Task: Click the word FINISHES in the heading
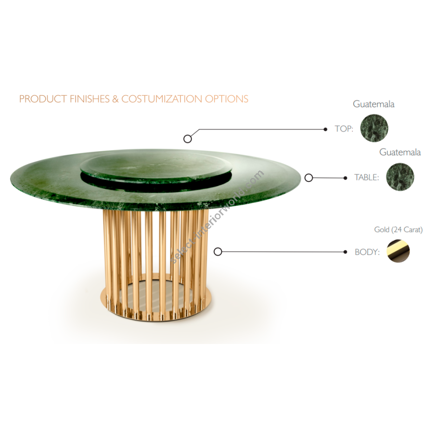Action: pos(89,99)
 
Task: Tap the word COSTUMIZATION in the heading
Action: pos(162,99)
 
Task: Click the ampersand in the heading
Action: pos(115,99)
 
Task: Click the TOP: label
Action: pos(344,128)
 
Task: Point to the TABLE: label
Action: pos(367,177)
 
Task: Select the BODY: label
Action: pos(367,252)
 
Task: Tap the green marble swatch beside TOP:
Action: pos(374,128)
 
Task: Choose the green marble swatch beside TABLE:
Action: pos(400,177)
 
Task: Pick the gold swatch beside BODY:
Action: pos(398,251)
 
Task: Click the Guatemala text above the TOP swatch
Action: pos(373,104)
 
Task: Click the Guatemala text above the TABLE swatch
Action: pos(400,152)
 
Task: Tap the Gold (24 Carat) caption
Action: pos(398,229)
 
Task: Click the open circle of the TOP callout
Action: pos(188,139)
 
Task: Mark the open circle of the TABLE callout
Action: pos(308,178)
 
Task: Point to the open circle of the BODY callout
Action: pos(218,252)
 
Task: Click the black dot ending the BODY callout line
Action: pos(345,252)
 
